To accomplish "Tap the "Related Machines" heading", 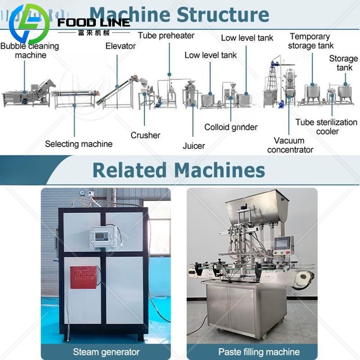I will click(179, 170).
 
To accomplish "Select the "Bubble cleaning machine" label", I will click(30, 50).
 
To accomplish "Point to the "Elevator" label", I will click(121, 46).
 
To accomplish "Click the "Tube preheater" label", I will click(166, 35).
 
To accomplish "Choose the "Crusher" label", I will click(145, 135).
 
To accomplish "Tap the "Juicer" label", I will click(193, 145).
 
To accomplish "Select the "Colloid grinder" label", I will click(231, 127).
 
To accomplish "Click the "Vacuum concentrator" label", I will click(290, 145).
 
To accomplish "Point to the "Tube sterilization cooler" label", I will click(326, 126).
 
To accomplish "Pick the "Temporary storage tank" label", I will click(311, 41).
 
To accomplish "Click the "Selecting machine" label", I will click(79, 144).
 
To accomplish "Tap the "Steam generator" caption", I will click(106, 351).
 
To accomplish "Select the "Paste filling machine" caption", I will click(252, 351).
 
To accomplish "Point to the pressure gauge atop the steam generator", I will click(82, 193).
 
